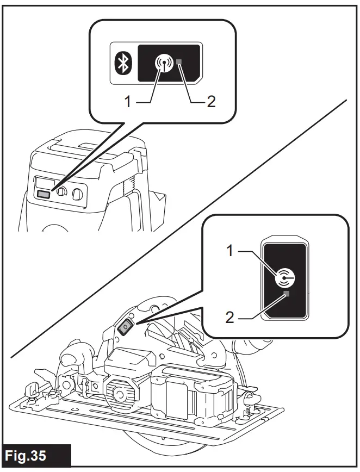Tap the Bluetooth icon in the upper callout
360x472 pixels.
click(122, 64)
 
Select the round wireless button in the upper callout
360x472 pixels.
click(161, 64)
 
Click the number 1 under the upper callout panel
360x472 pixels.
click(128, 102)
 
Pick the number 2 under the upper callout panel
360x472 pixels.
click(211, 102)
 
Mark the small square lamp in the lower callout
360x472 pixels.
click(287, 294)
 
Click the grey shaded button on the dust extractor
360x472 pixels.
click(44, 194)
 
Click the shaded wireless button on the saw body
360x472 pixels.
click(125, 327)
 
